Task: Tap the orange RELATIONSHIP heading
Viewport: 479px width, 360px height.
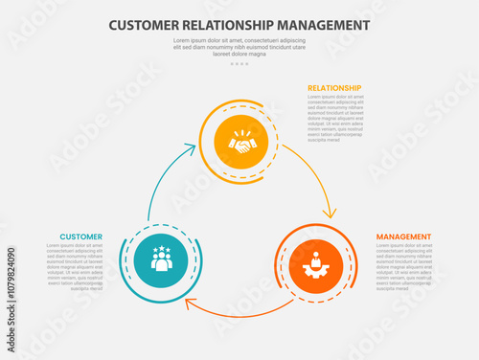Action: point(334,88)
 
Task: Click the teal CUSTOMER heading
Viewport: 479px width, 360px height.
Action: point(80,236)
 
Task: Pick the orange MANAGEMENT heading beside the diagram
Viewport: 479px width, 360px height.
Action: point(403,236)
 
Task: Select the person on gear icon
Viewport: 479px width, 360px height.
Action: point(316,259)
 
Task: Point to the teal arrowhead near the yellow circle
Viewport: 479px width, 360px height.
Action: point(195,147)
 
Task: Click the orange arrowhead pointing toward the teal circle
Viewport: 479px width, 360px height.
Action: point(190,305)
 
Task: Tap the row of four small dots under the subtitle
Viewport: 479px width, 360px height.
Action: point(239,64)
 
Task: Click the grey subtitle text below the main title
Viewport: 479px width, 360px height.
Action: point(239,47)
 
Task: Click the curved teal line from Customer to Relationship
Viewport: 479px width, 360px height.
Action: point(158,187)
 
